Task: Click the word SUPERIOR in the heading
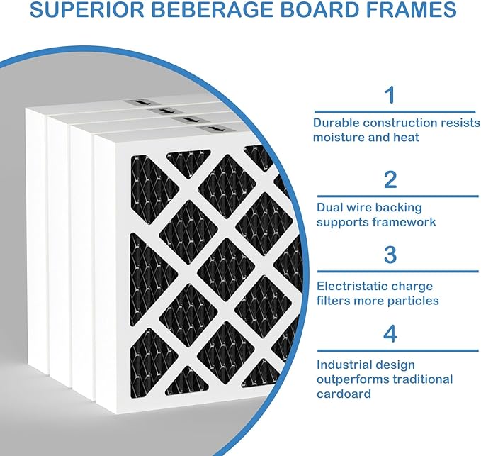[x=87, y=9]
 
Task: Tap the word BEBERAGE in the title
[x=213, y=9]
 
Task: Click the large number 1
[x=390, y=95]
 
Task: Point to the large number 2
[x=390, y=180]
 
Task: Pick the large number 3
[x=390, y=255]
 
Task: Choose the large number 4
[x=390, y=334]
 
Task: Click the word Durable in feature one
[x=336, y=123]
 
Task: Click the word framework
[x=406, y=222]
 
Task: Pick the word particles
[x=413, y=301]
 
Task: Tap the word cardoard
[x=344, y=394]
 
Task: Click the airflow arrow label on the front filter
[x=212, y=129]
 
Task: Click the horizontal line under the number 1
[x=395, y=111]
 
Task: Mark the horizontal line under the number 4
[x=398, y=350]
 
